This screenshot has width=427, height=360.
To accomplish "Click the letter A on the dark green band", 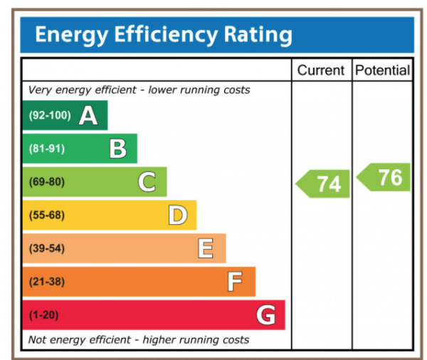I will click(x=88, y=115).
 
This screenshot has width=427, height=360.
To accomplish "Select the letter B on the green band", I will click(x=117, y=149).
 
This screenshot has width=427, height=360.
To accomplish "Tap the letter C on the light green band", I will click(x=147, y=182).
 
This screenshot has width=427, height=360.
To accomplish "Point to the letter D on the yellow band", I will click(x=177, y=215).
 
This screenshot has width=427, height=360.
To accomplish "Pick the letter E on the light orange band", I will click(x=206, y=248).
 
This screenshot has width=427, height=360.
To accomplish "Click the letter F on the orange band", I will click(x=235, y=282).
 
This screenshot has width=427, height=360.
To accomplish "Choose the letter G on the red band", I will click(x=265, y=314).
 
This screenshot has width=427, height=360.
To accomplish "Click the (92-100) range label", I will click(x=49, y=116).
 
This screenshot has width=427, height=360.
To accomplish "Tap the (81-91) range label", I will click(x=46, y=149).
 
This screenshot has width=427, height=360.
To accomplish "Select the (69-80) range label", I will click(x=46, y=182).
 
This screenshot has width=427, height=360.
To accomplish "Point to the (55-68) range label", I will click(x=46, y=215).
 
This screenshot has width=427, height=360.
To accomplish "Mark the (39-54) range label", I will click(x=46, y=248).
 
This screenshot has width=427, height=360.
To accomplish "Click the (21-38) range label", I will click(x=46, y=282).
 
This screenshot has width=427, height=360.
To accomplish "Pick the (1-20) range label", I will click(x=44, y=314).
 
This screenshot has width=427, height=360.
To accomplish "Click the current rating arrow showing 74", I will click(x=324, y=184).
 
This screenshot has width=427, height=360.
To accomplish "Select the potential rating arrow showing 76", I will click(x=385, y=177).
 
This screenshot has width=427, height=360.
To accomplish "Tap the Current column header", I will click(x=320, y=70).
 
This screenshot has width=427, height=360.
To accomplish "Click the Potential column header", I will click(x=382, y=70).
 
